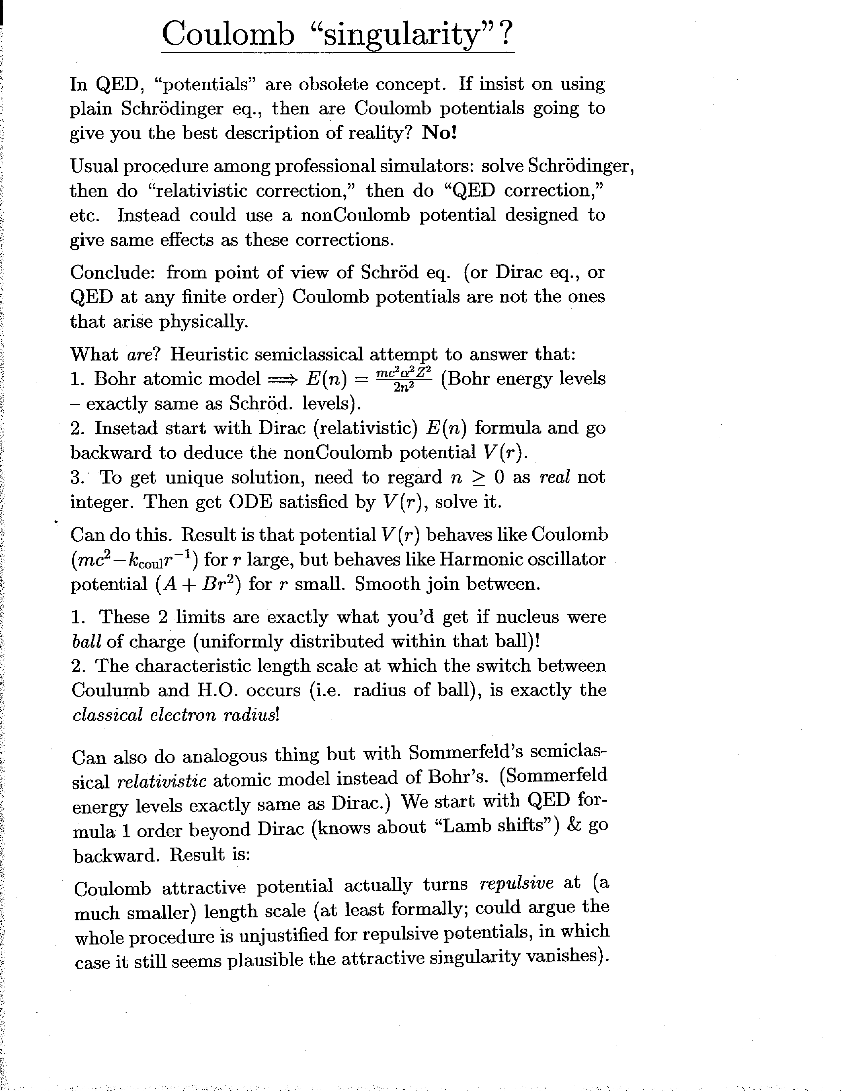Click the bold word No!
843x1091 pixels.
tap(439, 133)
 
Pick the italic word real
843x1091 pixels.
tap(554, 477)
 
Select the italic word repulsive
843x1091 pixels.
tap(516, 883)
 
